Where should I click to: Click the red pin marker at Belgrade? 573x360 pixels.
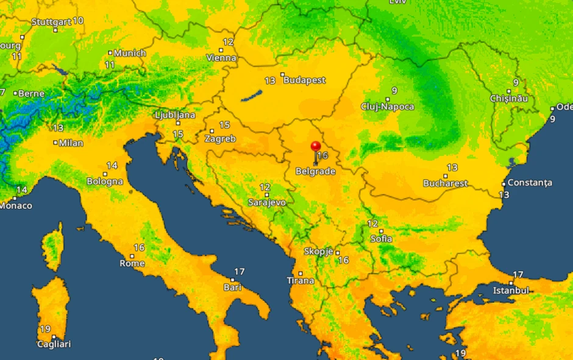(x=316, y=147)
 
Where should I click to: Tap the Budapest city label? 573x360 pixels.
(x=305, y=80)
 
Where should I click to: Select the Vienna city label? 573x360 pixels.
(x=221, y=58)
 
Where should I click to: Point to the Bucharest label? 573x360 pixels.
(x=446, y=183)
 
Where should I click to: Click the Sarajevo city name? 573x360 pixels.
(x=267, y=202)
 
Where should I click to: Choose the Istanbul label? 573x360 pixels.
(x=511, y=291)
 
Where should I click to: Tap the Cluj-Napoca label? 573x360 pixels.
(x=387, y=107)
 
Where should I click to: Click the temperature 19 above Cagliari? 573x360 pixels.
(x=45, y=329)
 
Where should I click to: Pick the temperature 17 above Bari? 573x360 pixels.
(x=239, y=272)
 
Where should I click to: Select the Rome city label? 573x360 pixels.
(x=132, y=263)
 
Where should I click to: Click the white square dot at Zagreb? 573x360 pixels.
(x=212, y=131)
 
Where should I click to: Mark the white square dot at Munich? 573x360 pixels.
(x=110, y=53)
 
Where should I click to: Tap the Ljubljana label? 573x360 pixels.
(x=175, y=115)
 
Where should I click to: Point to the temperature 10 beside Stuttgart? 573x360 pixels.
(x=78, y=21)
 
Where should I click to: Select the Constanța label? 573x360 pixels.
(x=530, y=183)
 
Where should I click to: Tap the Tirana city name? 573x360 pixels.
(x=301, y=281)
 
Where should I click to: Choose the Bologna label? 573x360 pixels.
(x=105, y=181)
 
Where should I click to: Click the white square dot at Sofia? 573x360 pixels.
(x=381, y=231)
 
